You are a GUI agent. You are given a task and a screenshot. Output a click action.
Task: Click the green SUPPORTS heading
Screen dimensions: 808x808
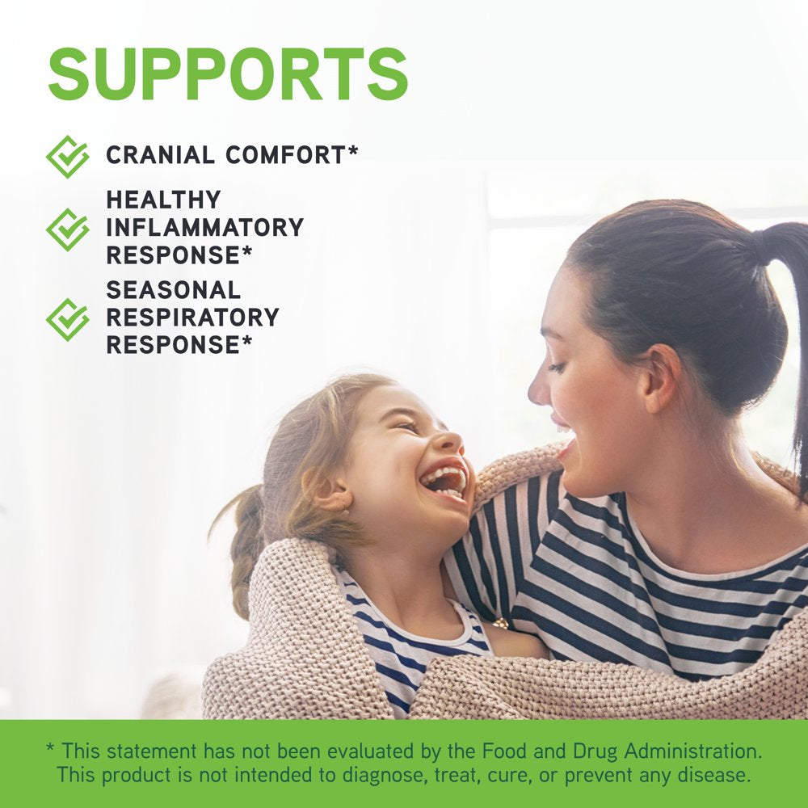[x=228, y=74]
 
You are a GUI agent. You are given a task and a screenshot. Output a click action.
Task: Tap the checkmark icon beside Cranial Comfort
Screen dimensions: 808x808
[x=68, y=157]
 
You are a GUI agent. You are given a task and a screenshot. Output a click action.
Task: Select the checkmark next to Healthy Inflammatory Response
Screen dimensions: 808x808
[x=68, y=229]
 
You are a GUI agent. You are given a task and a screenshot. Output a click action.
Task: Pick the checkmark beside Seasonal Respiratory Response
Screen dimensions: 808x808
[x=68, y=319]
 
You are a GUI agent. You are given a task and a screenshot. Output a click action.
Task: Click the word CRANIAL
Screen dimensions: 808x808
[x=160, y=155]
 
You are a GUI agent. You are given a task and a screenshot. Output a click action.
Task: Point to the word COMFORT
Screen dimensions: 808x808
[x=285, y=155]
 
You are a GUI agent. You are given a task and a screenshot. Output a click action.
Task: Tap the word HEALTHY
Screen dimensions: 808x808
[x=163, y=200]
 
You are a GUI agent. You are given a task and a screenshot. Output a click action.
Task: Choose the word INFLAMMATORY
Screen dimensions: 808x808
[x=204, y=227]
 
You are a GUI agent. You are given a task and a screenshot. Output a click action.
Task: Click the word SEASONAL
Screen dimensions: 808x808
[x=173, y=290]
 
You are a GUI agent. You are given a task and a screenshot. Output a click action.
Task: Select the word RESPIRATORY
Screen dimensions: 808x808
[x=192, y=318]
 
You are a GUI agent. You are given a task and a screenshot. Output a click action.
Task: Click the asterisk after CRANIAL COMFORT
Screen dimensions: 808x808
[x=352, y=150]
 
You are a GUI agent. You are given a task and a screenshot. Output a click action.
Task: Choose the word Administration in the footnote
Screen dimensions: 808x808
[x=693, y=751]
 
